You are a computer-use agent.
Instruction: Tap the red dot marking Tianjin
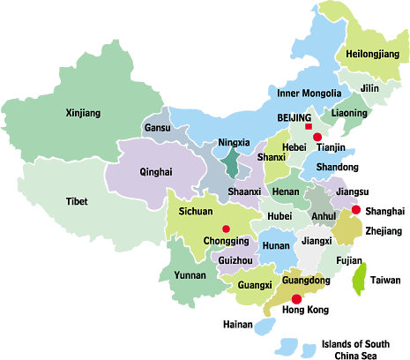pos(317,138)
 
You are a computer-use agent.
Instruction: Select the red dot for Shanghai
pos(355,210)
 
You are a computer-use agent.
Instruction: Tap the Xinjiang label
pos(84,113)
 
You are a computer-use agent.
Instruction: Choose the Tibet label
pos(77,202)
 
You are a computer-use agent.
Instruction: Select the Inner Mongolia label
pos(309,94)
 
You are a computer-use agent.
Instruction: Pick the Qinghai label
pos(156,172)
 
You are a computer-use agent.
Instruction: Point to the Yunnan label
pos(190,275)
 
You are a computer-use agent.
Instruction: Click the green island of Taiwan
pos(359,280)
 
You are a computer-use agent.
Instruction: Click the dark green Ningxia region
pos(231,162)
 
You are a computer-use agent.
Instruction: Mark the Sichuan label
pos(196,213)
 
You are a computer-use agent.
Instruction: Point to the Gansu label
pos(156,129)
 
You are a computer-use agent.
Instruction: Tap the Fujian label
pos(349,261)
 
